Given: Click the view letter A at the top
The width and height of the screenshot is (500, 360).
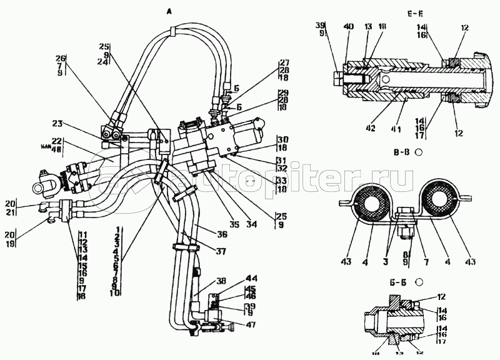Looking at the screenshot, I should click(169, 11).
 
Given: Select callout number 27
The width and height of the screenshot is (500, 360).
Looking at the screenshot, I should click(285, 62).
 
